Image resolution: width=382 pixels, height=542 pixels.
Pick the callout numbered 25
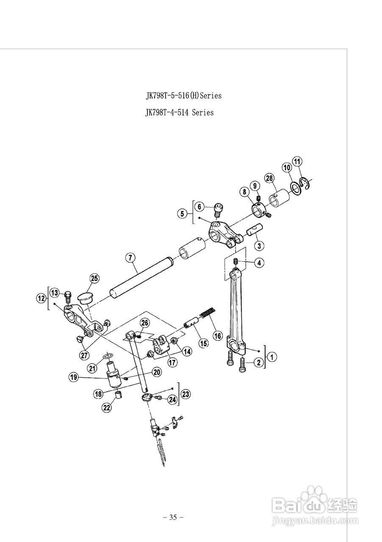[x=94, y=278]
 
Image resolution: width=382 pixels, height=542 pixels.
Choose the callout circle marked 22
[x=106, y=407]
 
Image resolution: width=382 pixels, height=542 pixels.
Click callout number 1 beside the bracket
[x=272, y=357]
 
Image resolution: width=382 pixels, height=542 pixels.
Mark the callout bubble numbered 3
[x=257, y=245]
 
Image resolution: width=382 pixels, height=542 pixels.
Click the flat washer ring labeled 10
[x=295, y=187]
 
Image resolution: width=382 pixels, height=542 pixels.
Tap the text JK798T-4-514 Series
[x=179, y=113]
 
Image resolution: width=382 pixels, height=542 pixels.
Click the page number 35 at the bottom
[x=173, y=517]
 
